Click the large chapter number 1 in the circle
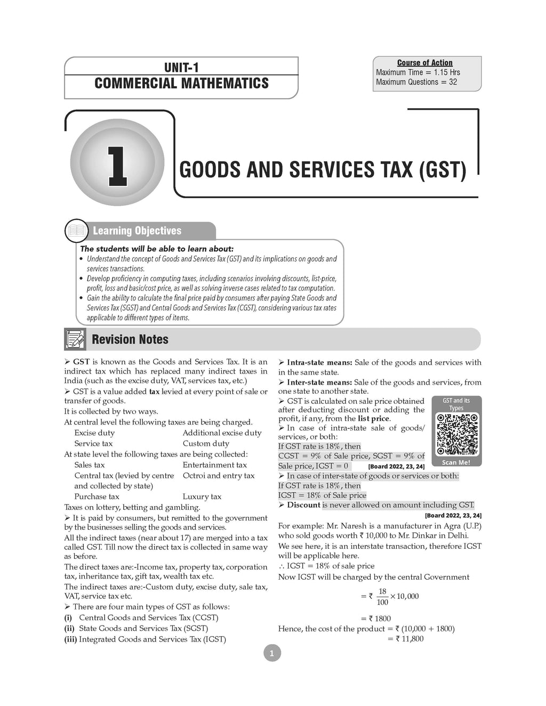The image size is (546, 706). [117, 166]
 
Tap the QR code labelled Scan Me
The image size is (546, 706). [457, 434]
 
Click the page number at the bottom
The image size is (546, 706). [272, 653]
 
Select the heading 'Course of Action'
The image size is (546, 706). [424, 63]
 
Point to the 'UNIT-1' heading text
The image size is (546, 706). [181, 68]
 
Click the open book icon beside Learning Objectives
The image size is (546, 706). [76, 231]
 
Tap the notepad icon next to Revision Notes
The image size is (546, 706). [75, 339]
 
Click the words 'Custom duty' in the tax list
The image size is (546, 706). [206, 443]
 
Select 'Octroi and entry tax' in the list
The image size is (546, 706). [219, 475]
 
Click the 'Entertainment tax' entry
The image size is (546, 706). [214, 465]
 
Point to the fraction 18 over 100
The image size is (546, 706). [382, 597]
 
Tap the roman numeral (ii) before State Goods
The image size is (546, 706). [68, 628]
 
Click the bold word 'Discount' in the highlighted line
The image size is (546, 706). [303, 505]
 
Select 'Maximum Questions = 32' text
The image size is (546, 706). [416, 82]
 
